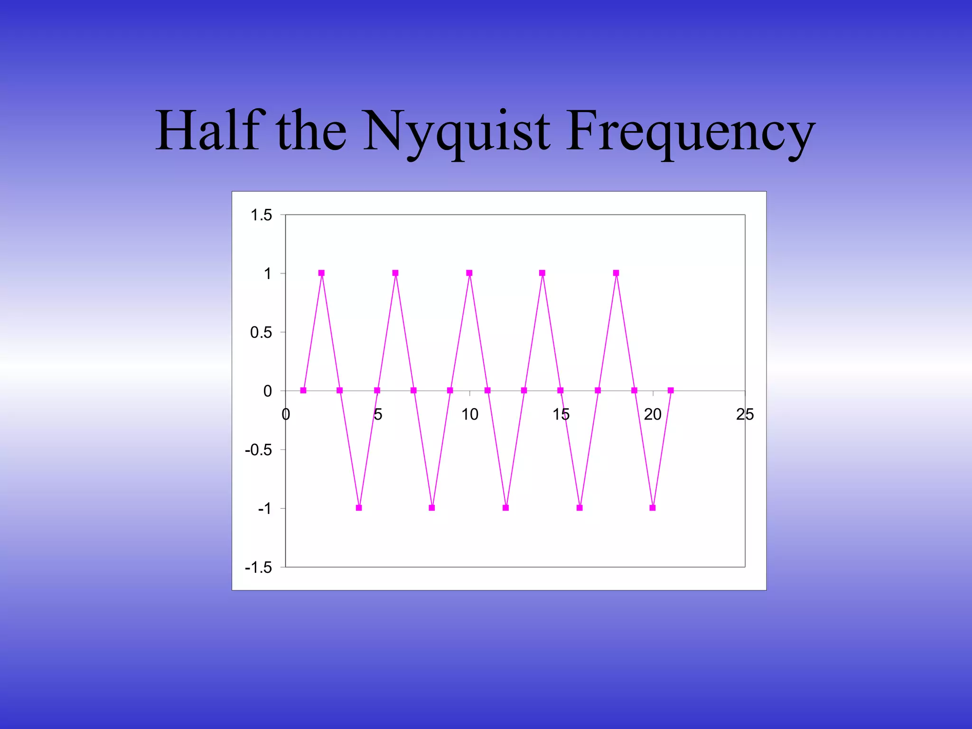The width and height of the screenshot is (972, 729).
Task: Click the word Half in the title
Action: coord(209,130)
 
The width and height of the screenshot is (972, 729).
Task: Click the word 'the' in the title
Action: coord(311,130)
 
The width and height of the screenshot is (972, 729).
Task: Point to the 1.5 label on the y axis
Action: coord(261,215)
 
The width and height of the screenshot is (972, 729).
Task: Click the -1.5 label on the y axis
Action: coord(259,567)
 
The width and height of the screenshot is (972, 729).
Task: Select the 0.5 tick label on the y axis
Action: coord(261,332)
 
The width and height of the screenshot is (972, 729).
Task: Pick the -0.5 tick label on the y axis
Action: coord(259,450)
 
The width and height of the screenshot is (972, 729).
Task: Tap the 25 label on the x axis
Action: coord(745,414)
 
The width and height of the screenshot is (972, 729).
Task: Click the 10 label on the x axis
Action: coord(470,414)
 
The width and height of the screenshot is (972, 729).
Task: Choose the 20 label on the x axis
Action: coord(653,414)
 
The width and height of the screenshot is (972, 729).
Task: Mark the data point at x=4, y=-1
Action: coord(359,508)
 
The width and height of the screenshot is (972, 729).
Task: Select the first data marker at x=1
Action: coord(303,391)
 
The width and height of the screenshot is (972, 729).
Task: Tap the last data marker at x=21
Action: coord(671,391)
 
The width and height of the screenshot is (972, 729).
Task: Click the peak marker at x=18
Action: coord(616,273)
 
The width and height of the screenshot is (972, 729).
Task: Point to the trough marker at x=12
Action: coord(506,508)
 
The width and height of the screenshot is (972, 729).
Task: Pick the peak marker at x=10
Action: coord(469,273)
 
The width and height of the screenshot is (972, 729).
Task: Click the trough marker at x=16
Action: coord(579,508)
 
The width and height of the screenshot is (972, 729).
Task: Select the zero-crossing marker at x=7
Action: coord(413,391)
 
